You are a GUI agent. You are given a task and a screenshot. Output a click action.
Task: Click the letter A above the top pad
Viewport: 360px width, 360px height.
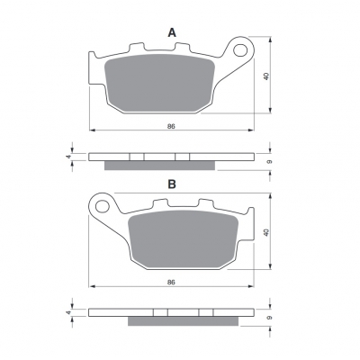pyautogui.click(x=172, y=32)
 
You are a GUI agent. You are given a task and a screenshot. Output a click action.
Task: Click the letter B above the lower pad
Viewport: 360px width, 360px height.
pyautogui.click(x=172, y=184)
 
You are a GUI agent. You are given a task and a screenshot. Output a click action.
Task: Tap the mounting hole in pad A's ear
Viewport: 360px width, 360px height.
pyautogui.click(x=239, y=50)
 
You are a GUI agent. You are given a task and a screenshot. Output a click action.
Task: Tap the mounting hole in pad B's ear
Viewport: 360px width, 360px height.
pyautogui.click(x=103, y=206)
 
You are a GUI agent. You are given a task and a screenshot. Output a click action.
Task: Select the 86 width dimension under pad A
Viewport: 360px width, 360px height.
pyautogui.click(x=171, y=126)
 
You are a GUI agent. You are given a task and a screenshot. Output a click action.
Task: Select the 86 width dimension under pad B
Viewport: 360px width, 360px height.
pyautogui.click(x=171, y=282)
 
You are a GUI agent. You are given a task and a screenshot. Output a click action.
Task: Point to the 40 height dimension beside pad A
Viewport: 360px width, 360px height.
pyautogui.click(x=266, y=76)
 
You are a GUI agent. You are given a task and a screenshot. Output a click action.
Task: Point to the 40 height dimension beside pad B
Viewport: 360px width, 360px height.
pyautogui.click(x=266, y=232)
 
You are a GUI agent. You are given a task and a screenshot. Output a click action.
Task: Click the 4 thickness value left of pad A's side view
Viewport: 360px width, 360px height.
pyautogui.click(x=68, y=157)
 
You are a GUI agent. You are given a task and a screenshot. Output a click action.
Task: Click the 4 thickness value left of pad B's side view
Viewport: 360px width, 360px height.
pyautogui.click(x=68, y=312)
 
